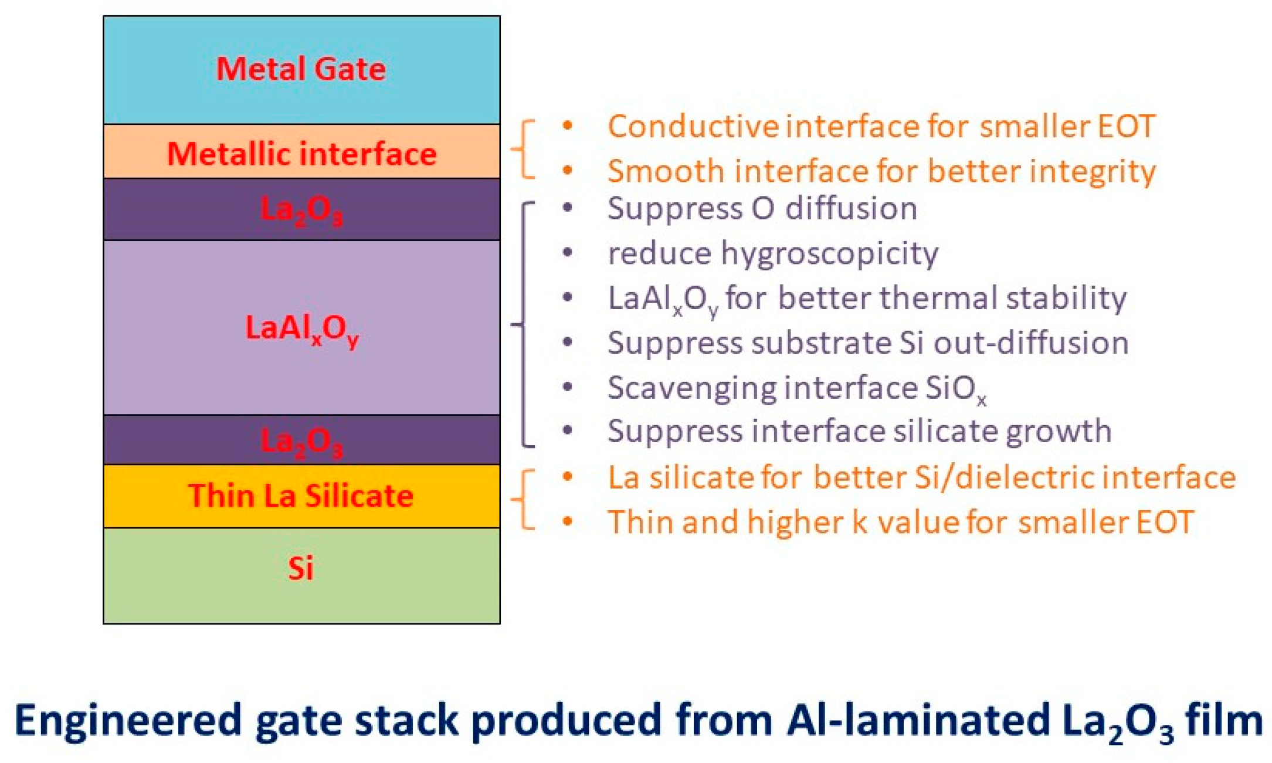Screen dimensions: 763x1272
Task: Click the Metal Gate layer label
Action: click(301, 69)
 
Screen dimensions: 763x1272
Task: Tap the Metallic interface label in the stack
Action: click(301, 154)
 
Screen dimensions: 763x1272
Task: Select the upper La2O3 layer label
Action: click(301, 209)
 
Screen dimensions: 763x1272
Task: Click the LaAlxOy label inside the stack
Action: click(301, 328)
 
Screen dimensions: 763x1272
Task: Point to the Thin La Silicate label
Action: click(301, 496)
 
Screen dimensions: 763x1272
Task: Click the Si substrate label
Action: click(301, 568)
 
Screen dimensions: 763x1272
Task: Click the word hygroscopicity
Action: click(829, 254)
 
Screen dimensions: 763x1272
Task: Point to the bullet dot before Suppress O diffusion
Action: click(567, 208)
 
